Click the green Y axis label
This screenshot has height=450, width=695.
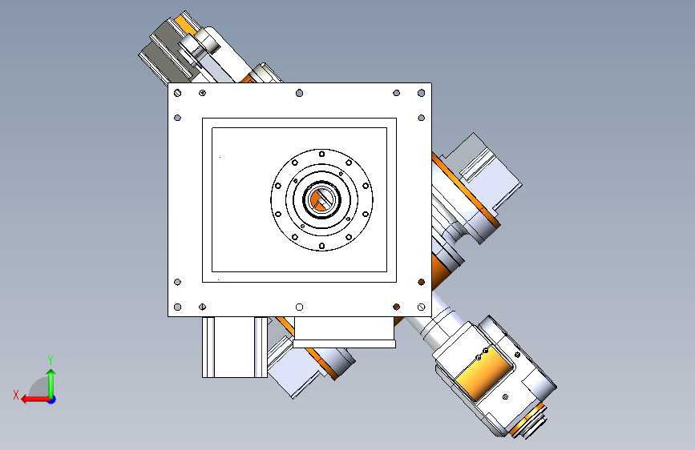51,360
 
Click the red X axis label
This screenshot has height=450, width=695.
16,395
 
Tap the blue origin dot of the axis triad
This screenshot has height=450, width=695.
52,400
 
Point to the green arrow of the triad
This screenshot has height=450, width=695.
51,383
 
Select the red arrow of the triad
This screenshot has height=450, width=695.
35,400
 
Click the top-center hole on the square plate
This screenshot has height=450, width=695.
299,93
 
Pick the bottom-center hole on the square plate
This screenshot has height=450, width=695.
299,307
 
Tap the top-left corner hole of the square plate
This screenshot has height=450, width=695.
178,93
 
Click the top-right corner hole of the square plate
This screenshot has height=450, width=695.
421,93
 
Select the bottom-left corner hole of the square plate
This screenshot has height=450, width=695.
178,307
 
